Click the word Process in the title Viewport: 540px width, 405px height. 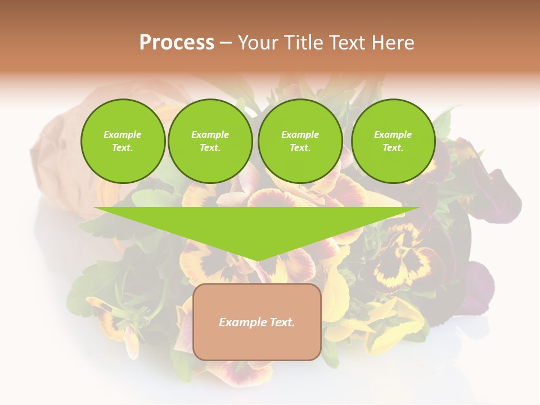(177, 43)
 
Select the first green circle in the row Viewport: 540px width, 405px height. (123, 141)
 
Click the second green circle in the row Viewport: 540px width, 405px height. (210, 141)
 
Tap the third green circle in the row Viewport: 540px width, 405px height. (300, 141)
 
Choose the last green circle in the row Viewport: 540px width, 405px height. (393, 141)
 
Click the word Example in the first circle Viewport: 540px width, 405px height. (123, 135)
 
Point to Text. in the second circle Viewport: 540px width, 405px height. (210, 148)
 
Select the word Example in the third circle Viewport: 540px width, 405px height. (300, 135)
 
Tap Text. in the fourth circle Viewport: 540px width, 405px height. (393, 148)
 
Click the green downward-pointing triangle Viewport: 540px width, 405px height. (257, 225)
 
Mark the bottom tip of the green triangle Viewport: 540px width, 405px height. (257, 260)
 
